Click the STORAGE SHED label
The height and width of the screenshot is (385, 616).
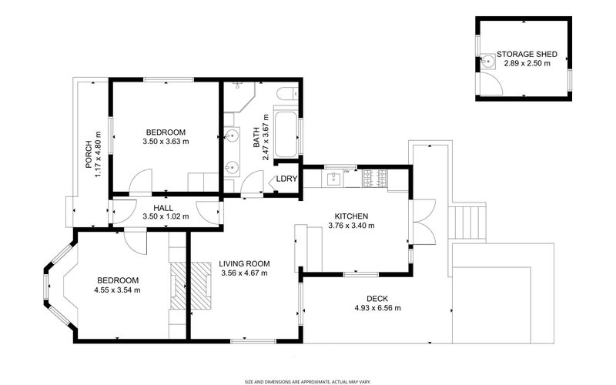(527, 55)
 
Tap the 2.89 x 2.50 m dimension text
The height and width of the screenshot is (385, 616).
(527, 64)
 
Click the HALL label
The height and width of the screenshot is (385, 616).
(162, 208)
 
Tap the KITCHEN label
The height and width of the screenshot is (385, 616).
(351, 216)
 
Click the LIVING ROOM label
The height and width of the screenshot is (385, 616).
(243, 263)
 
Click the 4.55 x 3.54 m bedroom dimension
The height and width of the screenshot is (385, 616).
(118, 290)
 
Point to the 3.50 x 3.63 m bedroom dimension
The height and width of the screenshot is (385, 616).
(166, 142)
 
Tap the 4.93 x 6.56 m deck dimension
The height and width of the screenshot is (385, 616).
(377, 308)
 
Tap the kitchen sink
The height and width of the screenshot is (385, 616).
(333, 179)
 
